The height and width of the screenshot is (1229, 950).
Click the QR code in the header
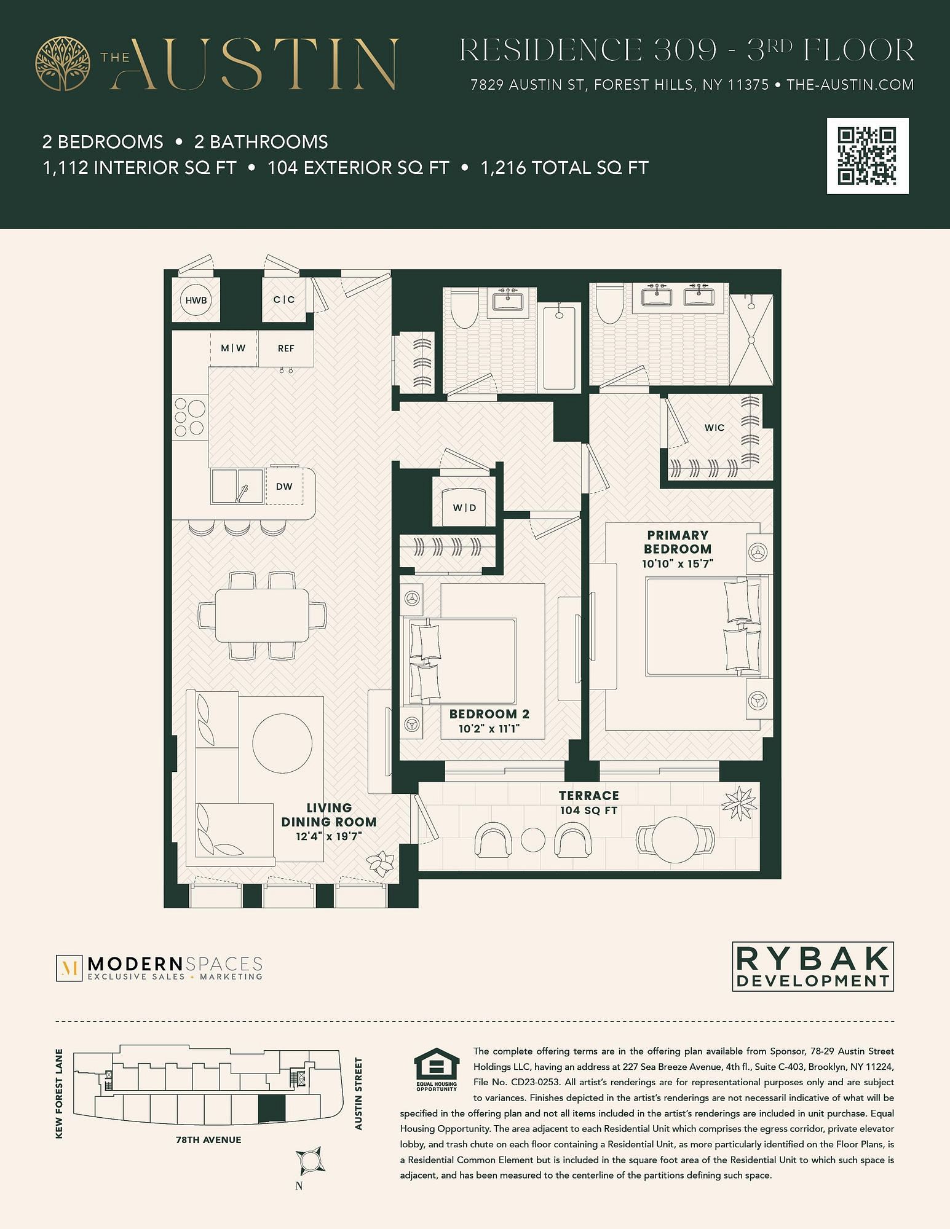[868, 156]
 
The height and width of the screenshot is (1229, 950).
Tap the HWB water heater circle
[196, 300]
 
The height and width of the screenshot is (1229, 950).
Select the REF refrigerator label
[286, 348]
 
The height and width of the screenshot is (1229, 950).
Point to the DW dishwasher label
[284, 487]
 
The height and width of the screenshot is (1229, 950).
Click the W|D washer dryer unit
[464, 508]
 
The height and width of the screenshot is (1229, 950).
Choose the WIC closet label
[714, 428]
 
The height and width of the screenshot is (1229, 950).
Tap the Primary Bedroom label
[678, 542]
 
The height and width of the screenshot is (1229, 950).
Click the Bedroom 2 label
[489, 714]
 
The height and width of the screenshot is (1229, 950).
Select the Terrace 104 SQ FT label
[588, 803]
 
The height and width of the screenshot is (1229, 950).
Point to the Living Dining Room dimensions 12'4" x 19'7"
[328, 836]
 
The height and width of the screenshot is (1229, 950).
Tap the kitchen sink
[237, 486]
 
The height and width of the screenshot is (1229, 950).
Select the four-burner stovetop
[189, 417]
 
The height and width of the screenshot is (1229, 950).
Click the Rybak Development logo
[813, 967]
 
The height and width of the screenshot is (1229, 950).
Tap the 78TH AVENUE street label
[208, 1140]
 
